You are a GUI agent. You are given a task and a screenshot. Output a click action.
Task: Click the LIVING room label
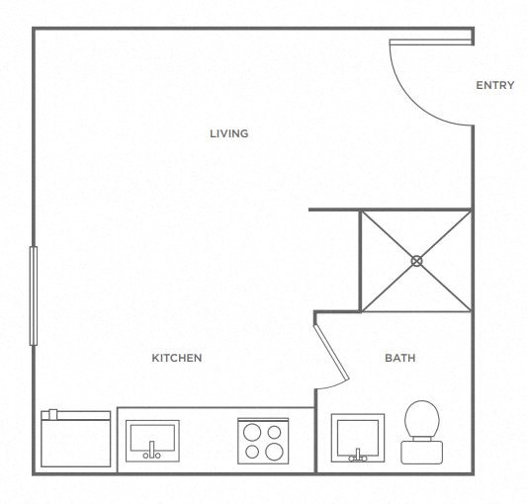point(228,133)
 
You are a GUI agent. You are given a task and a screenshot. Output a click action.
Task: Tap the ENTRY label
point(494,85)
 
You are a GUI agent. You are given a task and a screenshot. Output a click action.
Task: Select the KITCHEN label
point(176,358)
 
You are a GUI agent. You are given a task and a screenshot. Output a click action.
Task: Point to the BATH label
point(399,358)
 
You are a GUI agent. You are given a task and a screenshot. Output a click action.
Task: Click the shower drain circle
point(416,261)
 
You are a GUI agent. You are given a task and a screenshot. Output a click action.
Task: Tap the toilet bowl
point(422,419)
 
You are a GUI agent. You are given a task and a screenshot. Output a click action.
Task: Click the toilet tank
point(421,452)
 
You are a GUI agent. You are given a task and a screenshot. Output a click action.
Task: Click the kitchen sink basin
point(151,435)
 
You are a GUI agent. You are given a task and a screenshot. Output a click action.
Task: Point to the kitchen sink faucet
point(151,455)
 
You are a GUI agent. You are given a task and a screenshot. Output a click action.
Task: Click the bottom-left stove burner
point(250,452)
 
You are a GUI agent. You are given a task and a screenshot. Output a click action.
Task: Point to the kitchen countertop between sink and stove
point(208,440)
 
